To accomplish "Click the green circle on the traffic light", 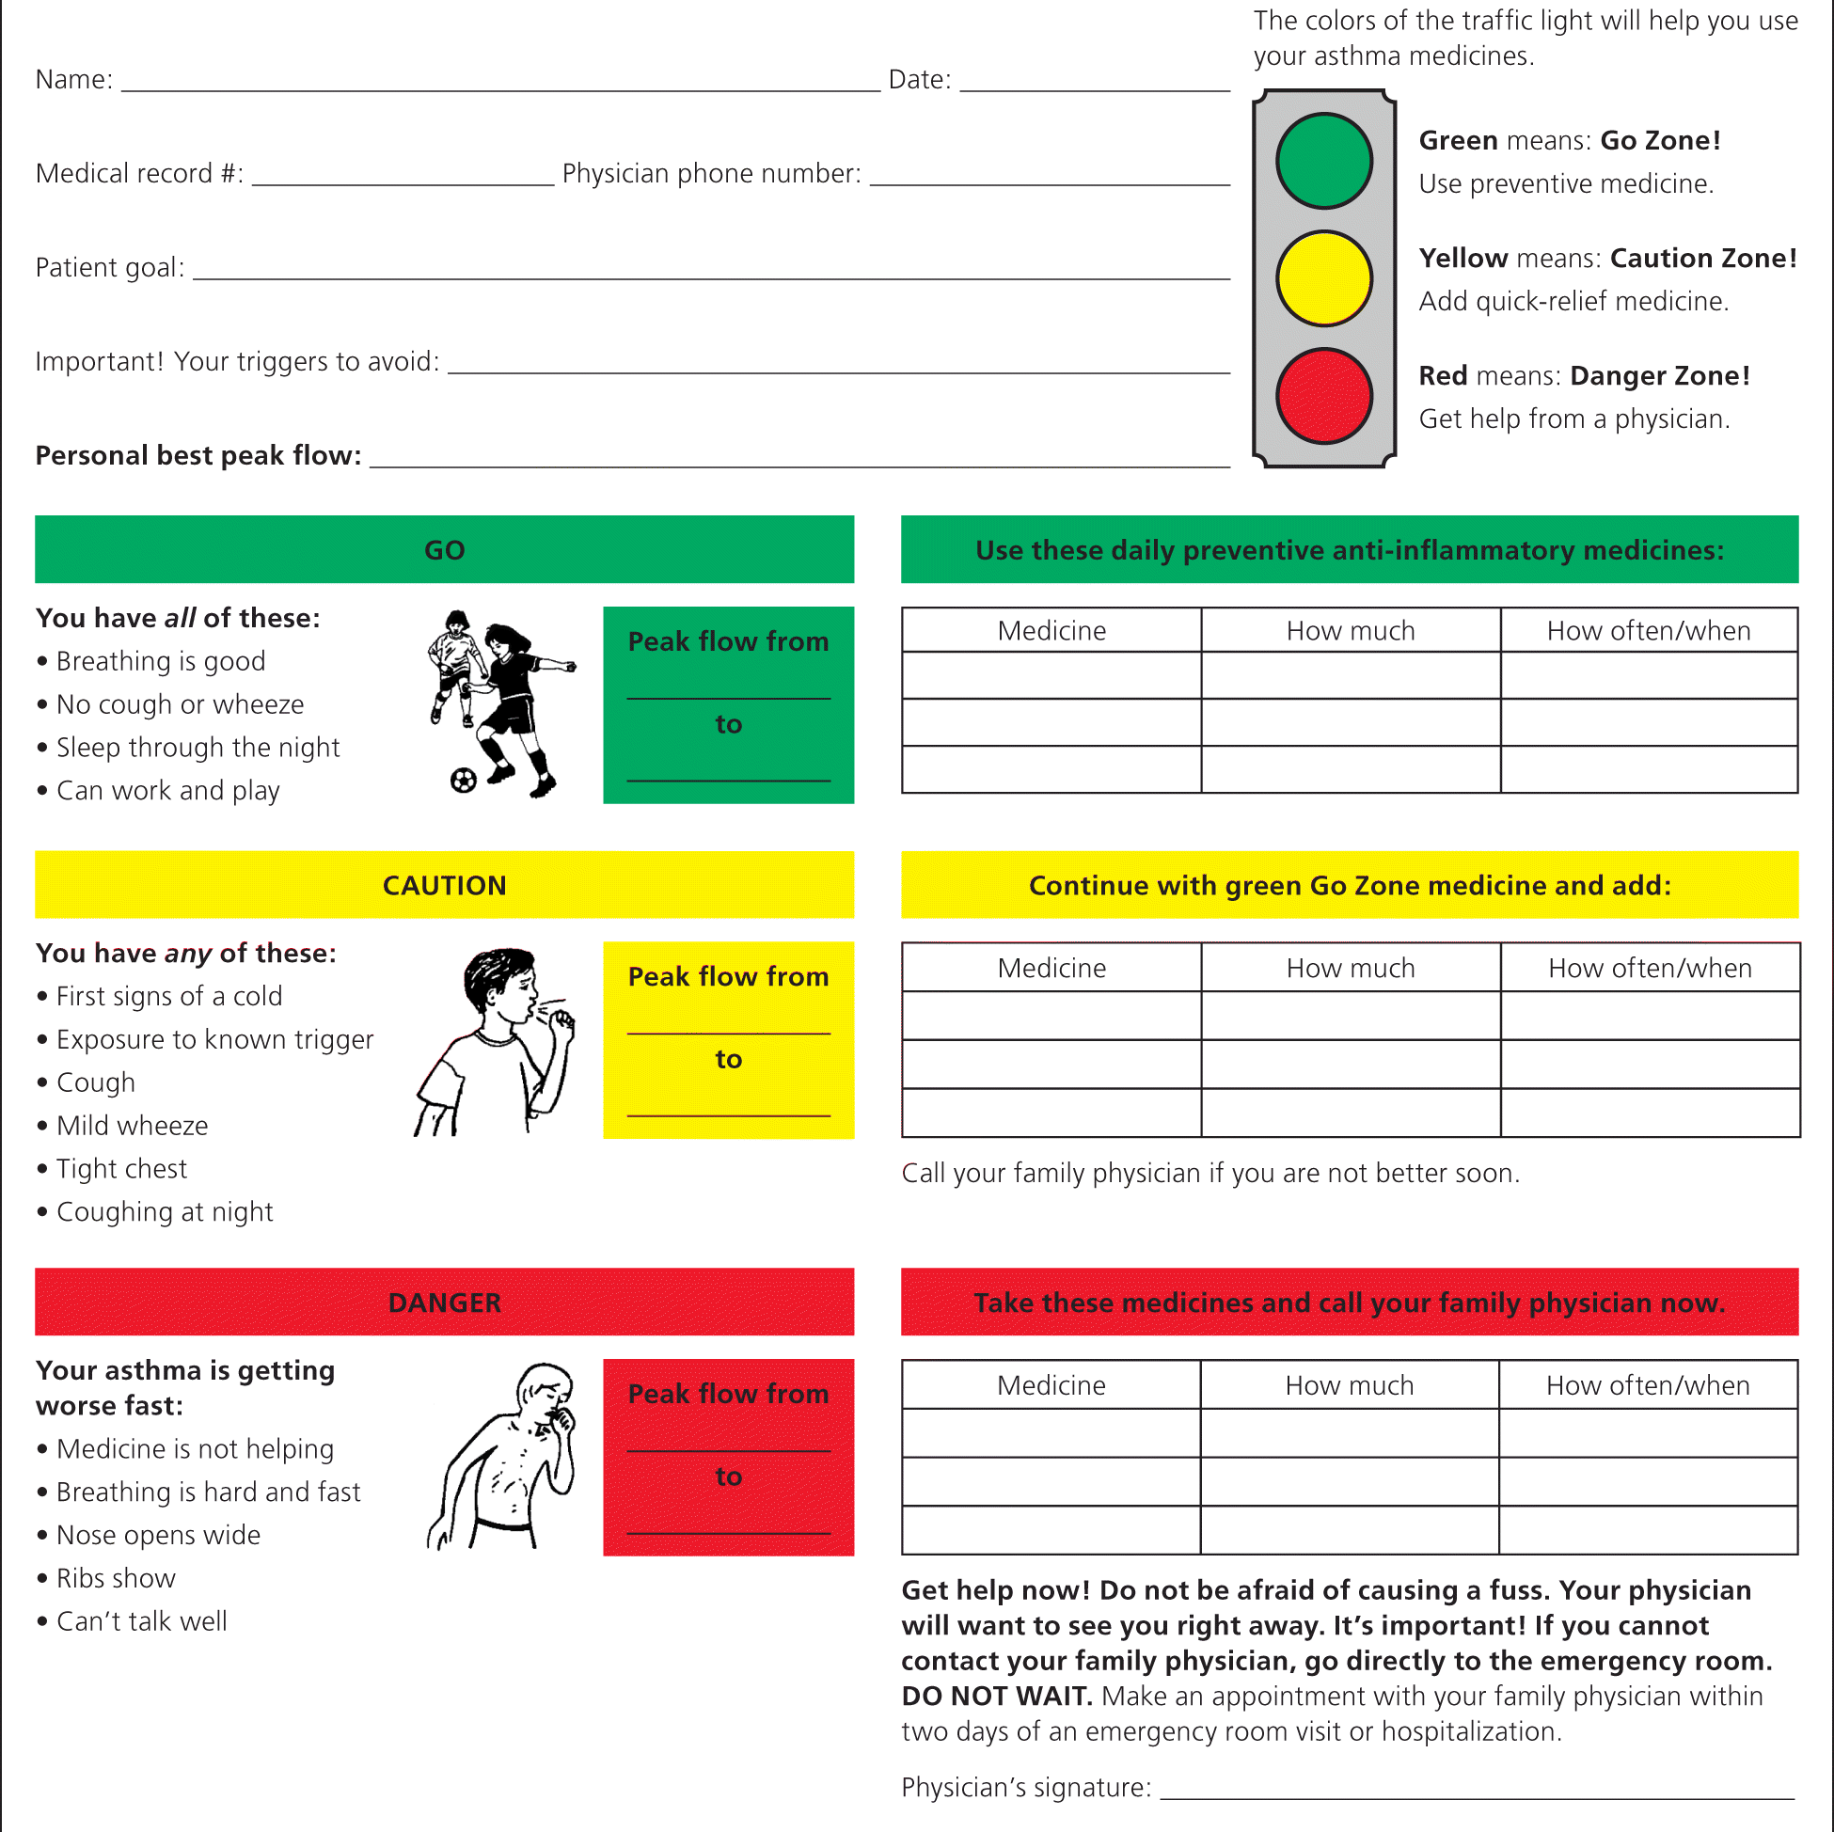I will click(x=1323, y=161).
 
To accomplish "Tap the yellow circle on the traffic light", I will click(x=1323, y=278).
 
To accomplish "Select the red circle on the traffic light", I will click(x=1323, y=396).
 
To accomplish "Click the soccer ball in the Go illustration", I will click(x=464, y=781).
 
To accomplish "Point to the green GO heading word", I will click(x=444, y=550).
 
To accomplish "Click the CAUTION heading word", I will click(x=444, y=886).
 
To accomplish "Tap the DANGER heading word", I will click(x=444, y=1303).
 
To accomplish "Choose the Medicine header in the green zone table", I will click(x=1051, y=631).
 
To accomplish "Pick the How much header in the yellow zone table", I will click(x=1350, y=969).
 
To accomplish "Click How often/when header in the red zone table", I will click(x=1647, y=1386).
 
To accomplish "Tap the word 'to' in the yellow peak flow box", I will click(x=728, y=1059).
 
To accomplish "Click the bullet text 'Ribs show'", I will click(x=116, y=1579).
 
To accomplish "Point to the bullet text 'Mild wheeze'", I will click(x=132, y=1126).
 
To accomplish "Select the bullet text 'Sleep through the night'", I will click(x=198, y=748).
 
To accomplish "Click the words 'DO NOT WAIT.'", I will click(x=997, y=1697).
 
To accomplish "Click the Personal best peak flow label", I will click(x=198, y=455).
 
